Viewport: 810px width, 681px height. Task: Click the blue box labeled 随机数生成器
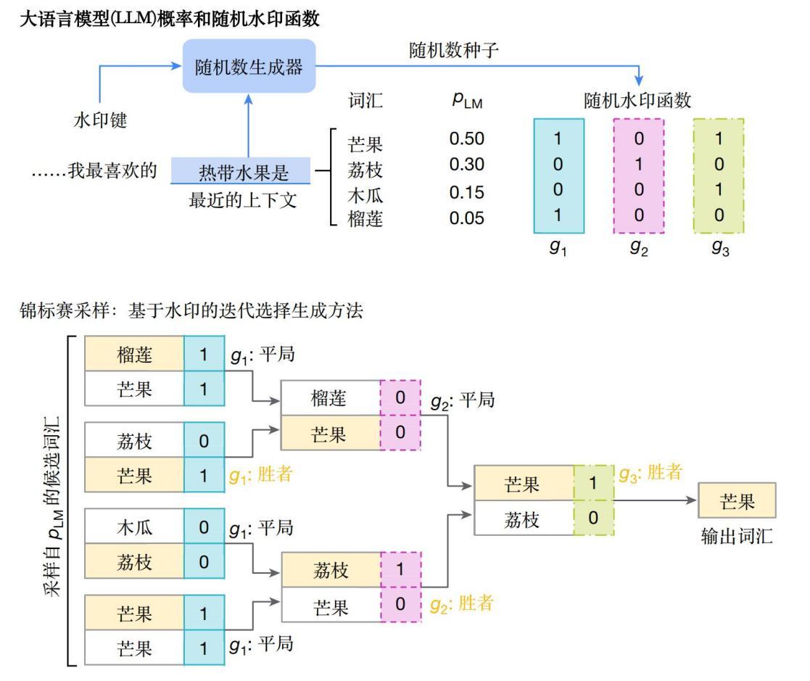click(x=249, y=66)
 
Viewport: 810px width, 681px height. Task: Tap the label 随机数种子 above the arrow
click(x=453, y=51)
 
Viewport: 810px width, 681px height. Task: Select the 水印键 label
click(x=100, y=120)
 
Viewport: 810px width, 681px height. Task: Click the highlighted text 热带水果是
click(x=244, y=173)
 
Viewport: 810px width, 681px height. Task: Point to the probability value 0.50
click(x=466, y=139)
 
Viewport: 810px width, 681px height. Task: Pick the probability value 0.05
click(x=466, y=218)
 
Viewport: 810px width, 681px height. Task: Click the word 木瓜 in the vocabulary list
click(x=365, y=195)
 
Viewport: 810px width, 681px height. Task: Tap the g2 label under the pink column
click(x=639, y=247)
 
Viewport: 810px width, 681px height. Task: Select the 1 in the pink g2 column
click(x=639, y=165)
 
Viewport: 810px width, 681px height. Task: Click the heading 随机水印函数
click(x=637, y=100)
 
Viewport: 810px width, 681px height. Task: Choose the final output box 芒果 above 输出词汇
click(x=737, y=500)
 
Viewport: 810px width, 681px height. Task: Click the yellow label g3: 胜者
click(x=651, y=473)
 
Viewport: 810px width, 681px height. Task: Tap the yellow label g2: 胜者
click(x=462, y=603)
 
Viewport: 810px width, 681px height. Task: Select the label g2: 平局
click(x=463, y=400)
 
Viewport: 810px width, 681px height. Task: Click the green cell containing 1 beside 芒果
click(x=594, y=482)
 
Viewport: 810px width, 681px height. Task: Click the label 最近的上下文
click(x=243, y=200)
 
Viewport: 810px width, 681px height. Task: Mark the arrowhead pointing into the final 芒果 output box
click(x=693, y=500)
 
